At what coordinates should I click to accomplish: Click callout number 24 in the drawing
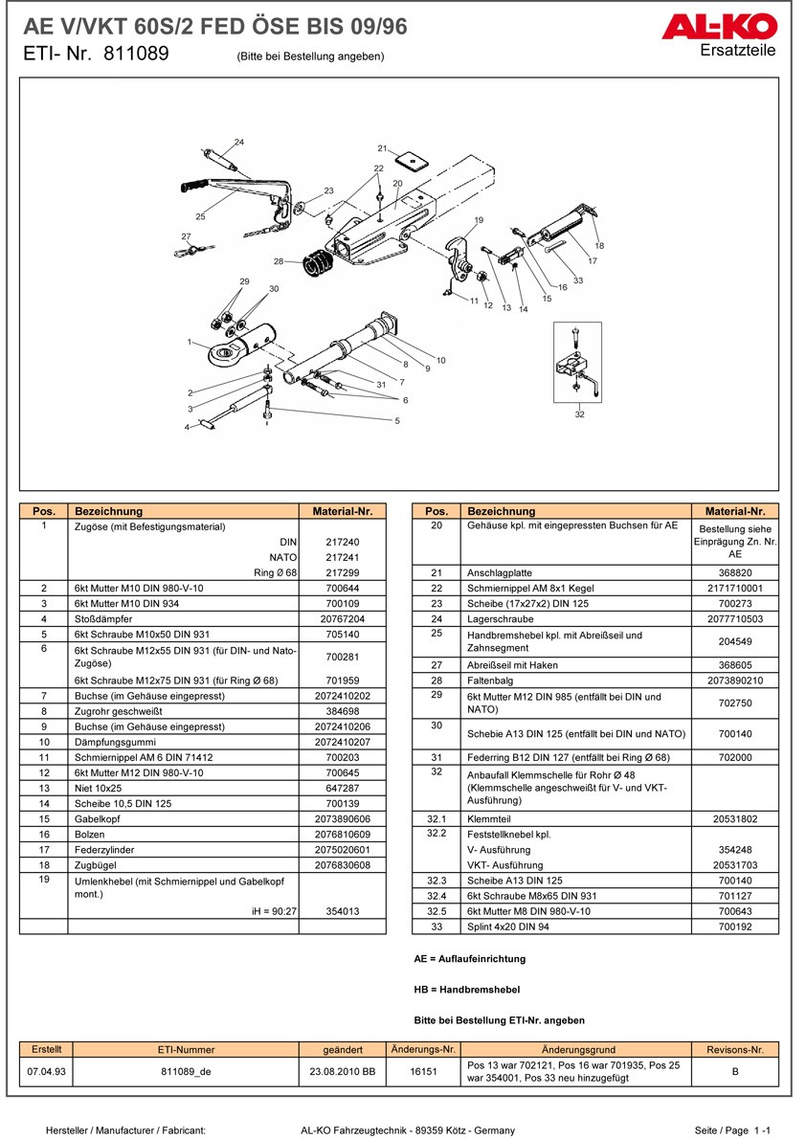click(239, 143)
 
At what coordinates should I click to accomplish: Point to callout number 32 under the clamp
click(580, 414)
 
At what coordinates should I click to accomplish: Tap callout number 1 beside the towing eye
click(190, 342)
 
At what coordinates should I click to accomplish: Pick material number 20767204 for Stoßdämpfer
click(342, 619)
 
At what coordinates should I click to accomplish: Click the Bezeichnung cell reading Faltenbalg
click(490, 681)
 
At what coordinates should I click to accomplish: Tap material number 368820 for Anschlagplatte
click(734, 572)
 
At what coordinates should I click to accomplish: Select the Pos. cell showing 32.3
click(436, 881)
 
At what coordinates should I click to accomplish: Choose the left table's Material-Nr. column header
click(342, 511)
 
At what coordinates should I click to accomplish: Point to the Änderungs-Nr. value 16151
click(423, 1072)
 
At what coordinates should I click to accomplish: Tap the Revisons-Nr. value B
click(734, 1072)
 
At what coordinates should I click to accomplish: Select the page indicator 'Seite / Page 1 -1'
click(732, 1130)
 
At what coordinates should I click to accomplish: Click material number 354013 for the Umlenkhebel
click(342, 911)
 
